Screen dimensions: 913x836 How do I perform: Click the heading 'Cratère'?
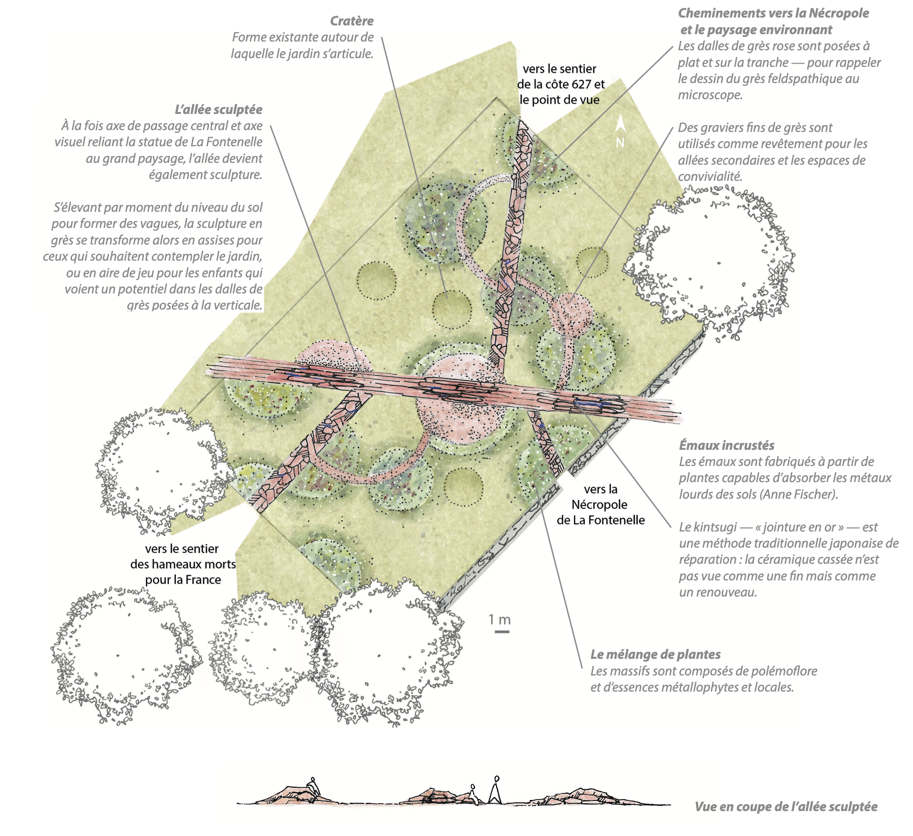coord(352,21)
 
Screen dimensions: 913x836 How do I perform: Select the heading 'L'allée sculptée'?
coord(218,110)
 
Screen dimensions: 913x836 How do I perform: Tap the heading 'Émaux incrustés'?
coord(727,445)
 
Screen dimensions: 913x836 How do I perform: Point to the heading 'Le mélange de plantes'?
coord(655,654)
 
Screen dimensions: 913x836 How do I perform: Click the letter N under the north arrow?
coord(620,143)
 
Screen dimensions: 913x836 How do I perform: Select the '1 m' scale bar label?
coord(500,620)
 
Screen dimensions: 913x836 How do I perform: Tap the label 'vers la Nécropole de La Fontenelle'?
coord(601,504)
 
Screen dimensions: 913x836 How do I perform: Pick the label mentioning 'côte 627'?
coord(560,84)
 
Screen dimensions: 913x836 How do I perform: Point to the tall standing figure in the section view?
coord(495,789)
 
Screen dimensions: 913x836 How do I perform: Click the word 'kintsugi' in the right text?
coord(715,527)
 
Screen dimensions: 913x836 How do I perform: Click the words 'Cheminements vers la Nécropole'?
coord(773,13)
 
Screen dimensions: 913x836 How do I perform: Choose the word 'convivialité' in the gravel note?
coord(710,176)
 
